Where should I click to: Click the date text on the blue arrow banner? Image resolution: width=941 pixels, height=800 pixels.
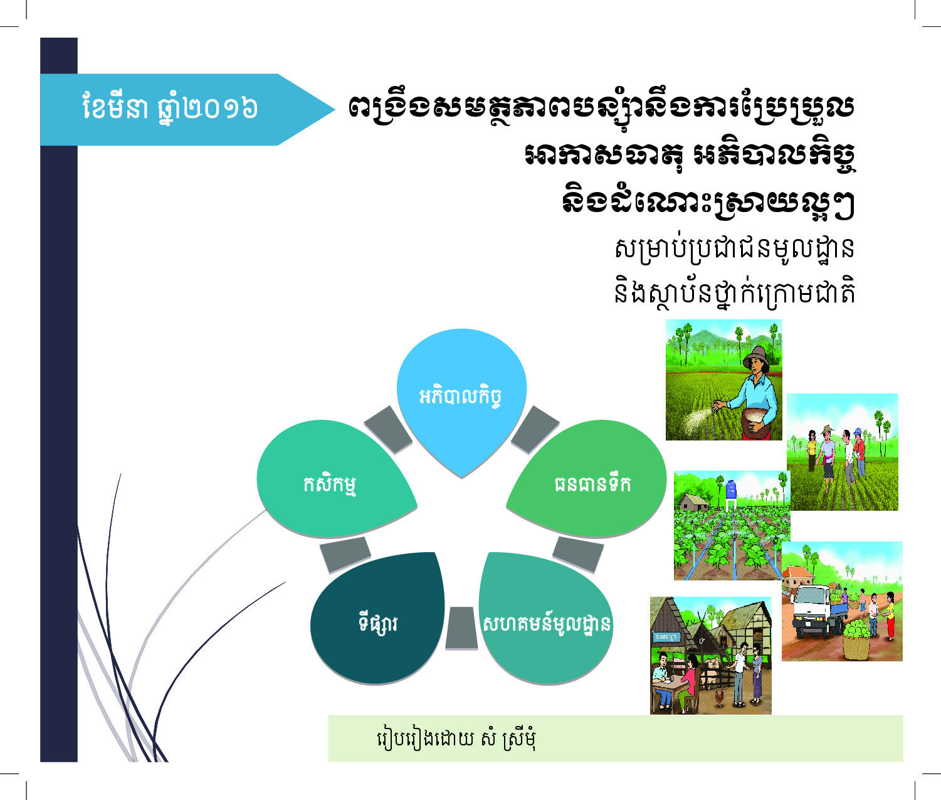171,108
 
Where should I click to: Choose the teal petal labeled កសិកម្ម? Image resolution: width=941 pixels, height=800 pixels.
335,481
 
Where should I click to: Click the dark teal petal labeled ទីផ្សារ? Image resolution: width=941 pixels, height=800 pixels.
378,619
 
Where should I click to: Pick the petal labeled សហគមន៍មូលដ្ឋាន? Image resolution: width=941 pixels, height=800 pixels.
546,619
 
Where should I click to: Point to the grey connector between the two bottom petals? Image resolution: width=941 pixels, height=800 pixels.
461,627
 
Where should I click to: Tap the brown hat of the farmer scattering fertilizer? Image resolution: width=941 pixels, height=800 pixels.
757,356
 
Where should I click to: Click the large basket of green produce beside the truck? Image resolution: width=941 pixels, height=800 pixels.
859,638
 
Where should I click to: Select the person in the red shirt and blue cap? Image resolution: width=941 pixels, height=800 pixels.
859,452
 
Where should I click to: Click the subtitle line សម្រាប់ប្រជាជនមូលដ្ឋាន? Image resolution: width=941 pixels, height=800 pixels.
734,248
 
